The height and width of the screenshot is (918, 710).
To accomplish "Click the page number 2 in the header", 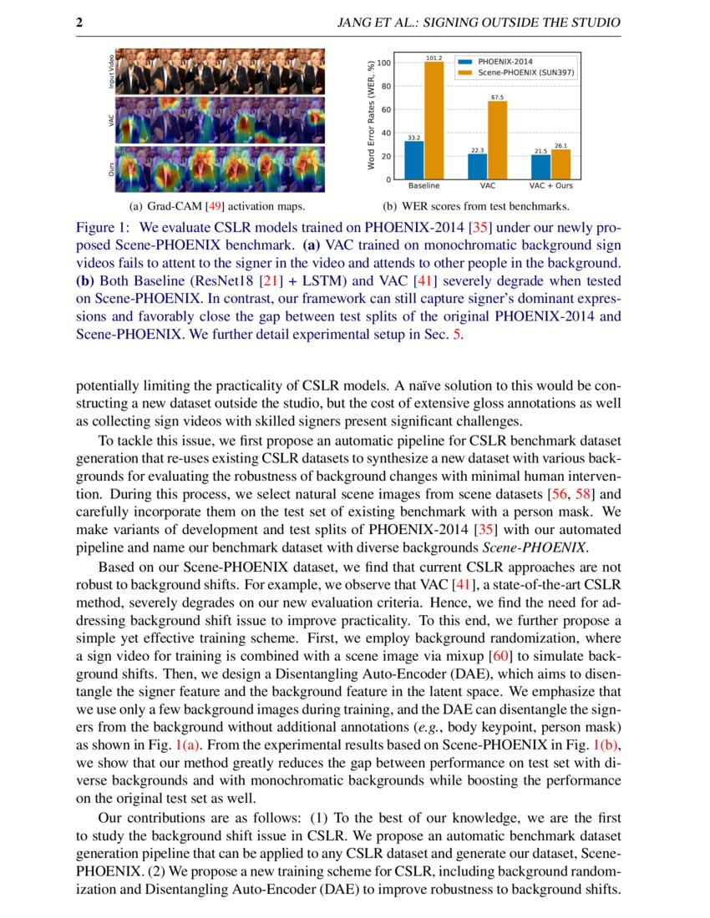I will point(79,23).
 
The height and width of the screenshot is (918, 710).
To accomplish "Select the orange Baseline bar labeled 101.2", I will point(434,121).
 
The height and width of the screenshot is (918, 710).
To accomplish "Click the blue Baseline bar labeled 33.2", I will point(414,160).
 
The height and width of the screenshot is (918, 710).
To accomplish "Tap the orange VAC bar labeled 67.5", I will point(497,140).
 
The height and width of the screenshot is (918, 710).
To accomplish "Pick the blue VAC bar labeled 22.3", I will point(477,166).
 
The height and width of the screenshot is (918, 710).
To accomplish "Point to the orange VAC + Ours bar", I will point(560,164).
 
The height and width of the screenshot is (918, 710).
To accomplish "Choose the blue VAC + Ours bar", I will point(540,167).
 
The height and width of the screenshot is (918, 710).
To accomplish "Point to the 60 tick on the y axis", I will point(385,109).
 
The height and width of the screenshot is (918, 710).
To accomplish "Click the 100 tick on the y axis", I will point(383,63).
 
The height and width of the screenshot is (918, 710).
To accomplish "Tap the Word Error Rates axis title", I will point(371,117).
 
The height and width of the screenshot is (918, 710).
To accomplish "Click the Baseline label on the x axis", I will point(424,186).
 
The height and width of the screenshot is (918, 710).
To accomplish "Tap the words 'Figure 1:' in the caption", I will point(104,227).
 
